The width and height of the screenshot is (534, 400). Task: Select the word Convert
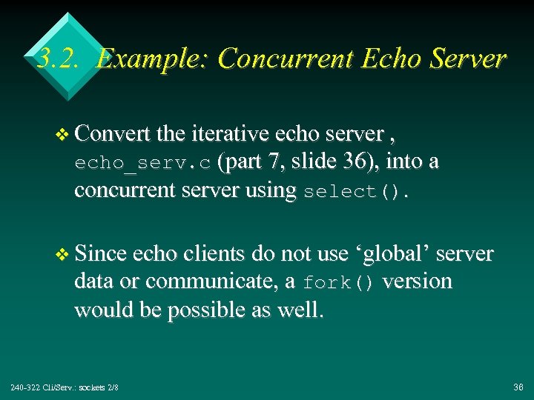click(x=112, y=133)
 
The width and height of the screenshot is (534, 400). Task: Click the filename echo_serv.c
click(x=142, y=163)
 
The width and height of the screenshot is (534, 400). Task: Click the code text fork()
click(x=338, y=283)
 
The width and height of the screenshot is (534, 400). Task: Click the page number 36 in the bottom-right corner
click(x=518, y=387)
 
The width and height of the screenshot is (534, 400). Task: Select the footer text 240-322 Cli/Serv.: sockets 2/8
click(x=65, y=387)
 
